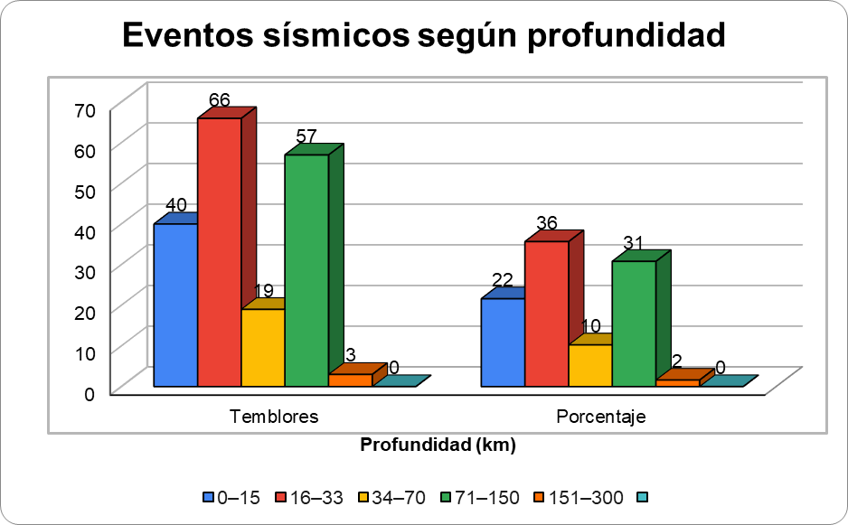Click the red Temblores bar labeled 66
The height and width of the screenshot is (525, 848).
219,253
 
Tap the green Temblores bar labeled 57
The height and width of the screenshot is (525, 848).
306,271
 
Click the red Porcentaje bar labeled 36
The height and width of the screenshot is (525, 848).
546,314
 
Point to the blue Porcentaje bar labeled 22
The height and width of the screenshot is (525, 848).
503,342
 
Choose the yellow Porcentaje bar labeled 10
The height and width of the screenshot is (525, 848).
589,365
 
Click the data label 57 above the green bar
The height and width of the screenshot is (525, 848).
306,136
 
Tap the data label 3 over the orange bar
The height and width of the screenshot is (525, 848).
351,354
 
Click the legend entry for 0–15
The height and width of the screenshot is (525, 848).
233,497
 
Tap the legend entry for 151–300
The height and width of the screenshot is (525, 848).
579,497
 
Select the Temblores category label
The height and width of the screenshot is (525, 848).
274,417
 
